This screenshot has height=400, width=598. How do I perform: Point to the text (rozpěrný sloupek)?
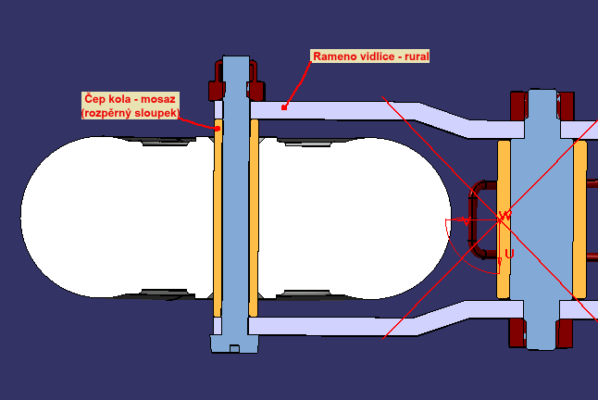[130, 112]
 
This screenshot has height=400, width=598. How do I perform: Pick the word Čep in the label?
[95, 98]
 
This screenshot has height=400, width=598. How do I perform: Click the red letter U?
[509, 254]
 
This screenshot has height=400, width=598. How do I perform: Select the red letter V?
[466, 222]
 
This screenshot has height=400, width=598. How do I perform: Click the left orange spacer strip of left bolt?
[218, 218]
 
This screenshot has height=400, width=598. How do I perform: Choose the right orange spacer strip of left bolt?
[254, 218]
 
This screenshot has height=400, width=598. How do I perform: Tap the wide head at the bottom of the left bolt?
[235, 343]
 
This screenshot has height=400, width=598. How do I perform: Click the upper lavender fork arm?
[333, 109]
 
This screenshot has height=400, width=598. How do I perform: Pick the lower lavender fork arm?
[333, 325]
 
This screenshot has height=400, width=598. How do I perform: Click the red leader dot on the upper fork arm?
[284, 107]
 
